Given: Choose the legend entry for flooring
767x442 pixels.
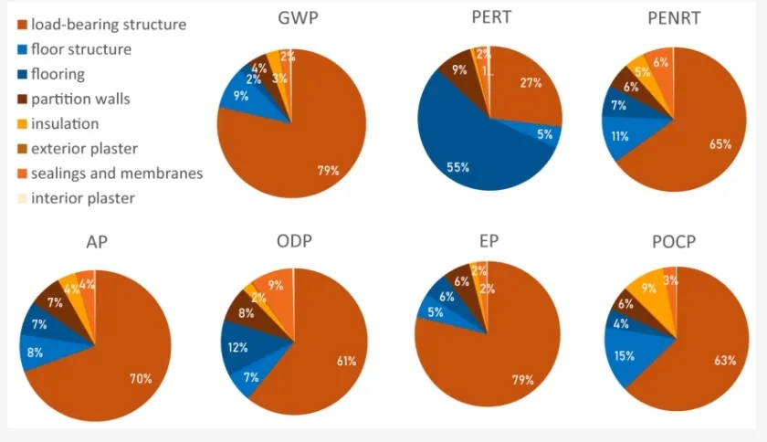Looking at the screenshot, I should [x=58, y=74].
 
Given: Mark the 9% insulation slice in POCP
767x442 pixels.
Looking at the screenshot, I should [x=649, y=290].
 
